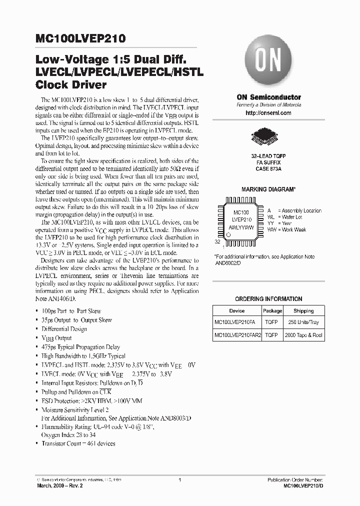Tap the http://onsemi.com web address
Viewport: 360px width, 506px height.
[268, 113]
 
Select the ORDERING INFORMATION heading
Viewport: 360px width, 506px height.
[268, 299]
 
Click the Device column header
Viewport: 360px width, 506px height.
[237, 310]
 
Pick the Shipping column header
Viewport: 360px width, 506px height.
[303, 310]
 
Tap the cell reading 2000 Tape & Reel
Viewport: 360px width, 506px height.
[303, 335]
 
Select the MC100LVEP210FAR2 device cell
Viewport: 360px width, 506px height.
[237, 335]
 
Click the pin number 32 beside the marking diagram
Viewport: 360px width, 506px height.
[217, 241]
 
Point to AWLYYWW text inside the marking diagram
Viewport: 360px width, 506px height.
[241, 227]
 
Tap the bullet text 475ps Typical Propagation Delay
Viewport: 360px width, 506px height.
[81, 346]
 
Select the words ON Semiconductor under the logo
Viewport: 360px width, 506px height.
[268, 97]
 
